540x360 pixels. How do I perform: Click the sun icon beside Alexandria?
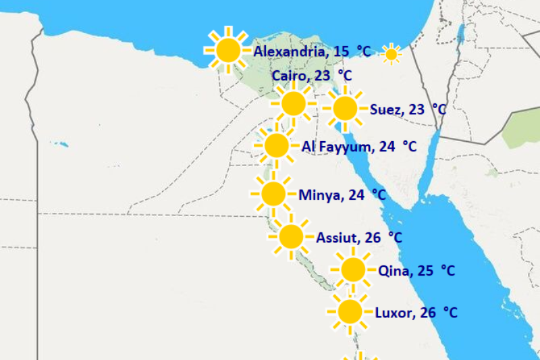pos(228,50)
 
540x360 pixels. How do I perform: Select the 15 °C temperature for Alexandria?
pos(352,51)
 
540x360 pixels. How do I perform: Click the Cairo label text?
pos(290,76)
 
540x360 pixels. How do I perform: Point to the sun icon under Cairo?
pos(293,103)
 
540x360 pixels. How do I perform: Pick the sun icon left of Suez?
pos(344,108)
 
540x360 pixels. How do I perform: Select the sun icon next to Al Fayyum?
pos(276,145)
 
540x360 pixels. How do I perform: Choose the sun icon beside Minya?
pos(273,195)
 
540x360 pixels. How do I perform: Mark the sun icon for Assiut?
pos(291,236)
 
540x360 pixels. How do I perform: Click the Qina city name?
pos(394,272)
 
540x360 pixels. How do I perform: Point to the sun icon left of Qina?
pos(352,269)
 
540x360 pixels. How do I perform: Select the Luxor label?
pos(394,313)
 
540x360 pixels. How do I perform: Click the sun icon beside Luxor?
pos(350,311)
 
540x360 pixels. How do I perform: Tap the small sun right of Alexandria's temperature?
pos(391,54)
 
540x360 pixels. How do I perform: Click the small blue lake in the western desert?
pos(63,144)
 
